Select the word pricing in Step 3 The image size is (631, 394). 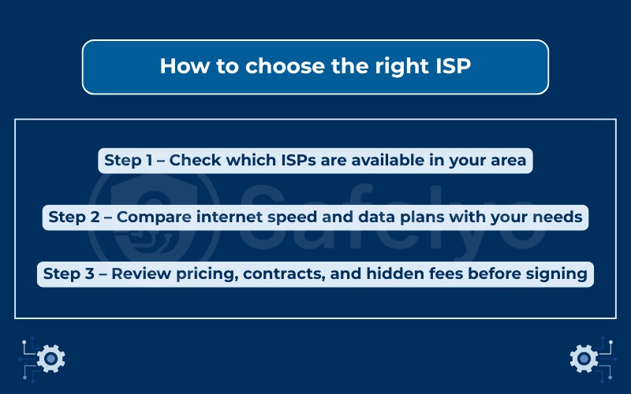(x=210, y=273)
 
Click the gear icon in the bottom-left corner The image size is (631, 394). (x=50, y=359)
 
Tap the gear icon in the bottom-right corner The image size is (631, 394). (x=581, y=359)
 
